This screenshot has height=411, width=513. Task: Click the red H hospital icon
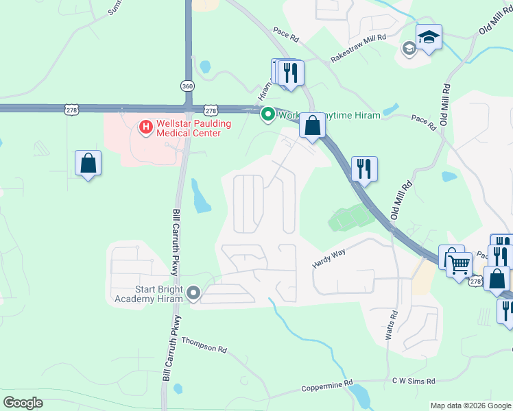[145, 126]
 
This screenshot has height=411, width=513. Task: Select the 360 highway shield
[187, 86]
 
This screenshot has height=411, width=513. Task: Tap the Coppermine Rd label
[327, 386]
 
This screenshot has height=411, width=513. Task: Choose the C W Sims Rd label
[413, 381]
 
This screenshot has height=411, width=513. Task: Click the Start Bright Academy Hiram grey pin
[193, 294]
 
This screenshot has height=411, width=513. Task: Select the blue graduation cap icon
[429, 37]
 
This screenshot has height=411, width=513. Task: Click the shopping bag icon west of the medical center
[88, 163]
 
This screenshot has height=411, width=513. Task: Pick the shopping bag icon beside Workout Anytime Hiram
[312, 126]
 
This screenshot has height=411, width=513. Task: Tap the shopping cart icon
[460, 264]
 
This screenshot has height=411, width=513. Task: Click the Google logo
[23, 403]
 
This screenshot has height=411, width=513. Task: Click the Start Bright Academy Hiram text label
[149, 294]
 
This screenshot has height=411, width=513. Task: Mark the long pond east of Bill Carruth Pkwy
[201, 196]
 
